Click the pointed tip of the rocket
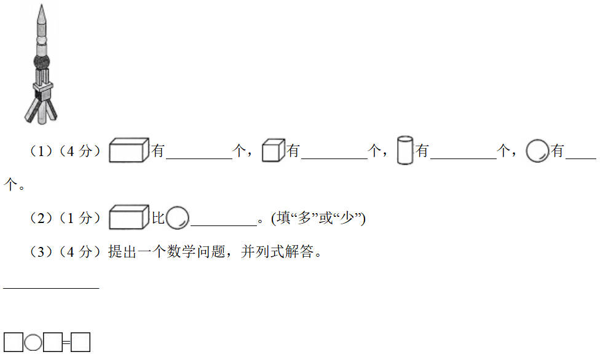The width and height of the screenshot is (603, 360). pos(42,5)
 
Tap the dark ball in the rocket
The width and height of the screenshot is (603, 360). pos(42,61)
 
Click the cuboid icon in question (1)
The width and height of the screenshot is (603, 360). pos(129,150)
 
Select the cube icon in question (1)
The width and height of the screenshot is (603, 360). pos(274,151)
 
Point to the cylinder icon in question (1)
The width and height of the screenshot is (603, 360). pos(405,151)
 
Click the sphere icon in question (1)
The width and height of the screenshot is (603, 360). pos(537,151)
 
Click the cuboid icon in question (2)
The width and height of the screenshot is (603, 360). pos(129,217)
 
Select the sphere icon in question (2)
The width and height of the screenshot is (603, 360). pos(178,218)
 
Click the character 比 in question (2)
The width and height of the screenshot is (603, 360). pos(158,218)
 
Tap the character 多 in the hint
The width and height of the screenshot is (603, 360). pos(304,218)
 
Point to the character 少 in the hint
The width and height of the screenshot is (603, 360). pos(347,218)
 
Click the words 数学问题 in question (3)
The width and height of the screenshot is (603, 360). pos(196,252)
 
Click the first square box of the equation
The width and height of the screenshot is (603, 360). pos(14,342)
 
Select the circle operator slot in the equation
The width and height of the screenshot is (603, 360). pos(33,342)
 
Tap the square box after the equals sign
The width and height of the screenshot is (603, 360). pos(81,342)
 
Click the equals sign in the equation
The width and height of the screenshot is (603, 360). pos(66,342)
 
